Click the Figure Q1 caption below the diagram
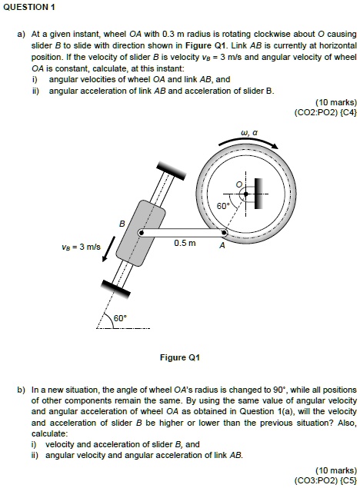pyautogui.click(x=179, y=357)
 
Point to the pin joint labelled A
pyautogui.click(x=224, y=231)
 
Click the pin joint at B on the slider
pyautogui.click(x=140, y=231)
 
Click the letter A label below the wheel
pyautogui.click(x=222, y=247)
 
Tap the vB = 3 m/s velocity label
pyautogui.click(x=79, y=247)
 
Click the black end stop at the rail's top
pyautogui.click(x=168, y=168)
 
